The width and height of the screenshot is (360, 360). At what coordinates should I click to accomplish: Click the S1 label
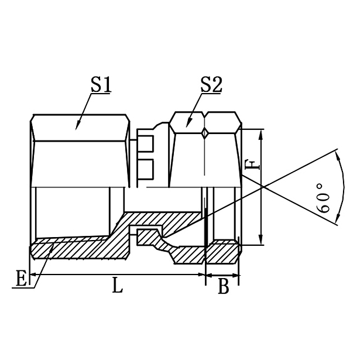pos(100,85)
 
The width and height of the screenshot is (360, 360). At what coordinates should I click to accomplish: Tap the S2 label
pos(210,85)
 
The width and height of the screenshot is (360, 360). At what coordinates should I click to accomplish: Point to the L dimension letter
pos(118,287)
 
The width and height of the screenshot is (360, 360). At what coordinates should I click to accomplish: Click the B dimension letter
pos(223,287)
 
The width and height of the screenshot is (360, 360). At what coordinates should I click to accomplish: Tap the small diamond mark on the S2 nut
pos(204,133)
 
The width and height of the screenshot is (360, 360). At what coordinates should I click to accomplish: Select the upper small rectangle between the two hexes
pos(146,142)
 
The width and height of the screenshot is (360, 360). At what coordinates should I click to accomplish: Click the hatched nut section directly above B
pos(224,251)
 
